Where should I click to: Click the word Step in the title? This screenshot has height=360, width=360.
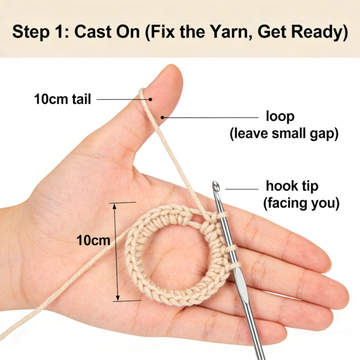click(x=31, y=31)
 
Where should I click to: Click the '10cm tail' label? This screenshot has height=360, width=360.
click(x=62, y=99)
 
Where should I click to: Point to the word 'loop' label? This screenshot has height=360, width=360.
click(x=280, y=116)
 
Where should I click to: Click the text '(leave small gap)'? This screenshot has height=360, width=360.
click(x=284, y=134)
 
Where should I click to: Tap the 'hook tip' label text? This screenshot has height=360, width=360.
click(x=292, y=186)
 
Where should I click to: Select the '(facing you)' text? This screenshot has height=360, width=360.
click(x=301, y=203)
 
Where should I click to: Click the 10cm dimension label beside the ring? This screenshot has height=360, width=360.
click(x=93, y=240)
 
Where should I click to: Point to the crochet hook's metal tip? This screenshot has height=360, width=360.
click(x=216, y=186)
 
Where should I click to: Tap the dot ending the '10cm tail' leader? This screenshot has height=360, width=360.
click(x=150, y=99)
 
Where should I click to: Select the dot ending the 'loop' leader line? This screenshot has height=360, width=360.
click(x=162, y=117)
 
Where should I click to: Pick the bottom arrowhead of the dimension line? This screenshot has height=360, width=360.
click(x=117, y=298)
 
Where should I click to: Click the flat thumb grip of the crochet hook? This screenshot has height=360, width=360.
click(x=241, y=286)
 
